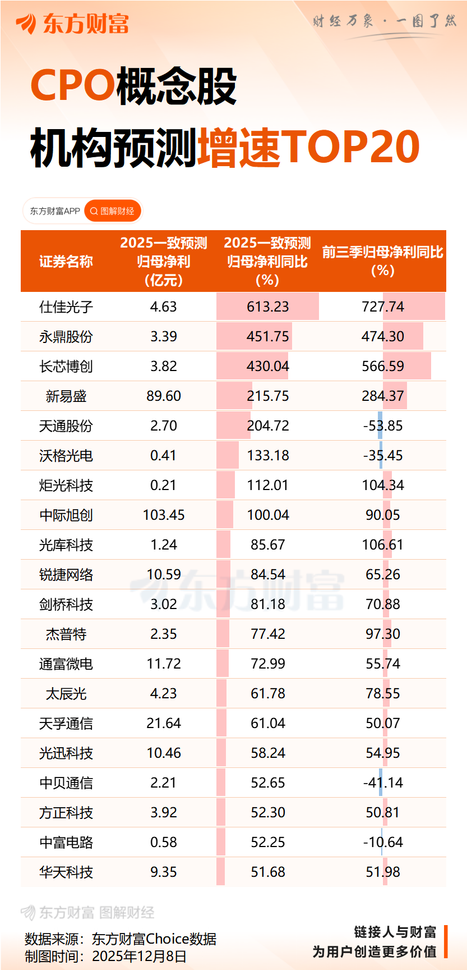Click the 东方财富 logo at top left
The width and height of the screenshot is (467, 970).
click(x=73, y=24)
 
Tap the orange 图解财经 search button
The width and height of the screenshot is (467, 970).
click(x=112, y=211)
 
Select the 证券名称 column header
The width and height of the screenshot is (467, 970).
click(x=66, y=262)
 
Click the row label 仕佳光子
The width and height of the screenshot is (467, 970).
click(x=66, y=307)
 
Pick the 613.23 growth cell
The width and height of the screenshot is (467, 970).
click(x=267, y=307)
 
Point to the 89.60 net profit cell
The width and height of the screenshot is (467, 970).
click(x=164, y=396)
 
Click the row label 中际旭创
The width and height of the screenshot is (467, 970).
click(x=66, y=515)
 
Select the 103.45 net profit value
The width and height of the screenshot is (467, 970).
click(x=164, y=515)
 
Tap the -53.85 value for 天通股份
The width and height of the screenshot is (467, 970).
click(x=383, y=426)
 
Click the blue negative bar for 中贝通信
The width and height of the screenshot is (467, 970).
click(x=381, y=783)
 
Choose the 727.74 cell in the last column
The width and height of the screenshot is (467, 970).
click(x=383, y=307)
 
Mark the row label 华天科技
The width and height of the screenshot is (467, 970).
click(x=66, y=872)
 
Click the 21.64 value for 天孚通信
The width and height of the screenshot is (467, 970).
click(x=164, y=724)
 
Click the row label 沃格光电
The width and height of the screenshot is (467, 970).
click(x=66, y=456)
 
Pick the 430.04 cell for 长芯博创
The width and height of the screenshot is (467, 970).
click(x=267, y=367)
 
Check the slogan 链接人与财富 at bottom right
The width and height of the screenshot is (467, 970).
click(x=395, y=932)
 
